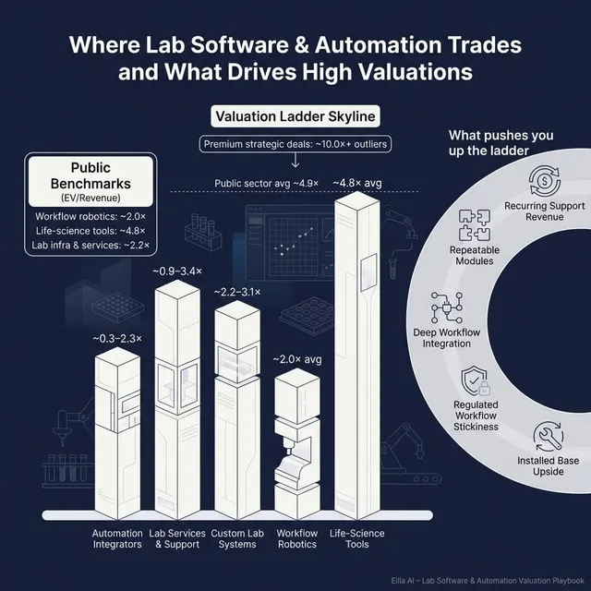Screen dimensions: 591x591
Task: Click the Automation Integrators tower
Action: pyautogui.click(x=117, y=434)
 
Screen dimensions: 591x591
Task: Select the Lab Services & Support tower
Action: pyautogui.click(x=178, y=397)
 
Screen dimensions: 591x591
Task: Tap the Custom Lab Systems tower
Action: pyautogui.click(x=239, y=406)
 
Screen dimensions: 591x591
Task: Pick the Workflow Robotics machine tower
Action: pyautogui.click(x=297, y=443)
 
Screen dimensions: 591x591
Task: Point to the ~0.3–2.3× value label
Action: pyautogui.click(x=117, y=339)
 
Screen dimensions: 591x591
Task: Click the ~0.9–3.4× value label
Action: pyautogui.click(x=178, y=271)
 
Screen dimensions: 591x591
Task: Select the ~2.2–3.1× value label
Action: pyautogui.click(x=237, y=292)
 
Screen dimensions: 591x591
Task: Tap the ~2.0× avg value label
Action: pyautogui.click(x=297, y=358)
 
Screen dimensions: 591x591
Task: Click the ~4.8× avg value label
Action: pyautogui.click(x=356, y=184)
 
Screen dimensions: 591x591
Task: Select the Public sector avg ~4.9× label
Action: pyautogui.click(x=267, y=184)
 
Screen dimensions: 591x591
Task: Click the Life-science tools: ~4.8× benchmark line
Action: pyautogui.click(x=89, y=231)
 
